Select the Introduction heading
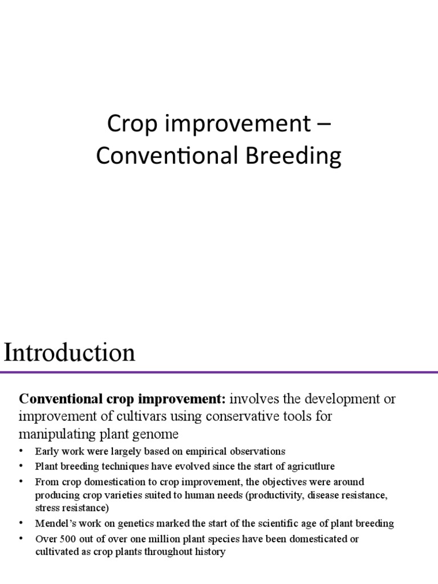tap(70, 353)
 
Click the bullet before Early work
tap(21, 451)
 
